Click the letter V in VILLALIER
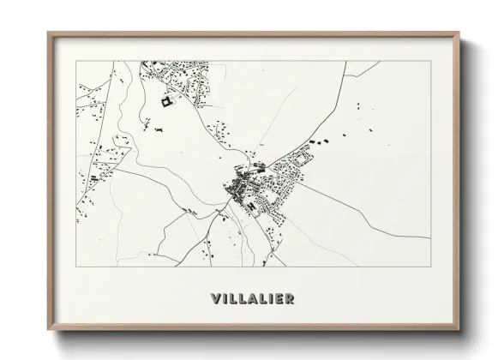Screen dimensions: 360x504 [216, 299]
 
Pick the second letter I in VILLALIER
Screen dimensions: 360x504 [272, 299]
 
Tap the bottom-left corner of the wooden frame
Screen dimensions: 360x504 [48, 331]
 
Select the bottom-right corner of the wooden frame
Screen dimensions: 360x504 [459, 331]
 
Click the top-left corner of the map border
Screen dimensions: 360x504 [76, 61]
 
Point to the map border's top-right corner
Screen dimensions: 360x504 [431, 61]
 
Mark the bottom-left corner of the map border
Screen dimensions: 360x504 [76, 267]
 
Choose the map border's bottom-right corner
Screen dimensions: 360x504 [431, 267]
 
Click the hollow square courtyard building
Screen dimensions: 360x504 [166, 103]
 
